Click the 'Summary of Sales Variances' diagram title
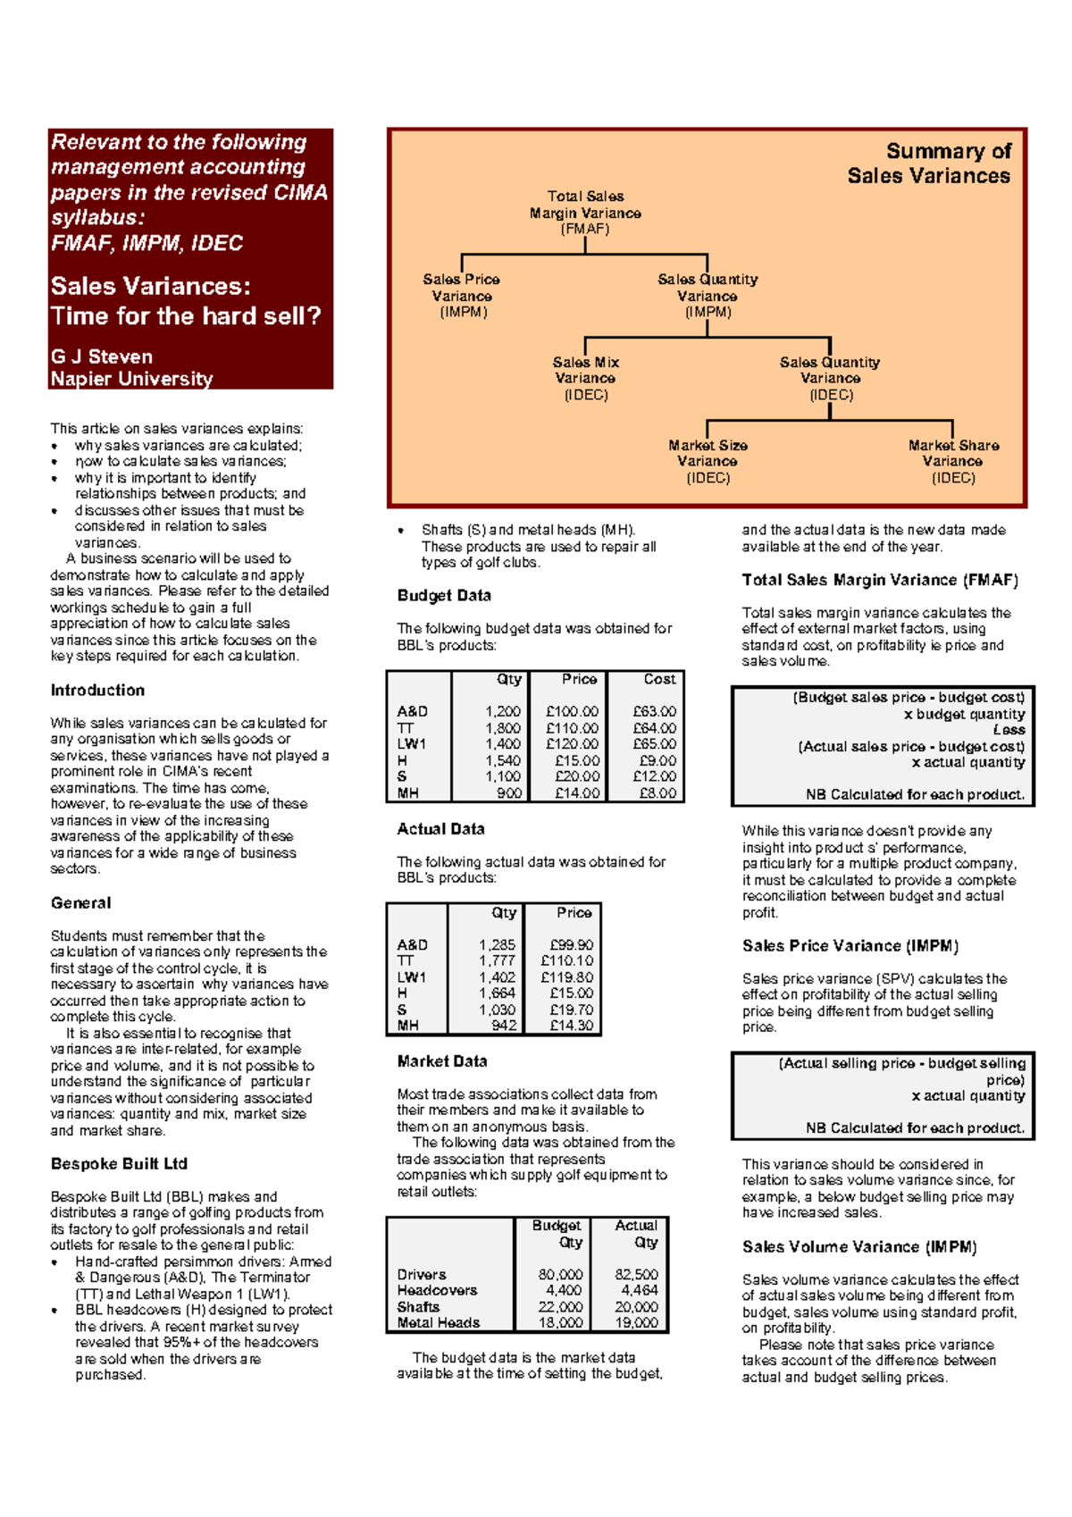click(929, 163)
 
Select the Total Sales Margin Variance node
click(585, 213)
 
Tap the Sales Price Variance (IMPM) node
click(462, 296)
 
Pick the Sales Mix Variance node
click(585, 378)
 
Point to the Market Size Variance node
click(708, 461)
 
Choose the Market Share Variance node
click(953, 461)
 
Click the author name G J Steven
click(101, 356)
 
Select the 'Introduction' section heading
click(97, 691)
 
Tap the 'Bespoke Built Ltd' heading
click(119, 1164)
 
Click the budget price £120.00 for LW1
click(572, 744)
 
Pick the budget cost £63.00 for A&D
click(654, 712)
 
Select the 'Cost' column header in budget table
click(659, 680)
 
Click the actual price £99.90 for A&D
click(572, 945)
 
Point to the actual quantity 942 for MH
click(504, 1026)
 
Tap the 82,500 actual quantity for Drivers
click(636, 1275)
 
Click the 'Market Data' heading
click(442, 1062)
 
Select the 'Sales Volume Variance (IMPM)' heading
click(859, 1247)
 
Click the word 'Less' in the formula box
click(1009, 730)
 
